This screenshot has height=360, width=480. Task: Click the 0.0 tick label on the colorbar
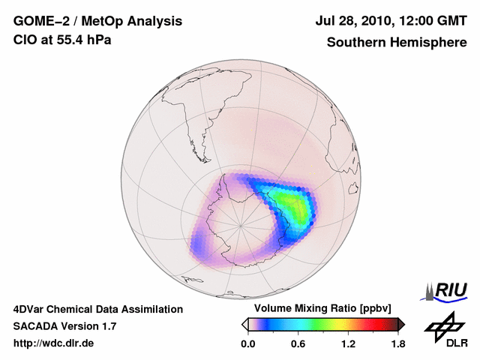click(x=247, y=343)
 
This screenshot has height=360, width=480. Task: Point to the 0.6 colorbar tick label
click(x=298, y=343)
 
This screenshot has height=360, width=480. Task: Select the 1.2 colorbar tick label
click(x=348, y=343)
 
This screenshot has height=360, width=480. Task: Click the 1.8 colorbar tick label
click(x=397, y=343)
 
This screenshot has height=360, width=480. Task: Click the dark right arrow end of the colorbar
click(x=401, y=324)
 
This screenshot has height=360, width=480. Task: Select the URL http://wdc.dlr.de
click(x=54, y=343)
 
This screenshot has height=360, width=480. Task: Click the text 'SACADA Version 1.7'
click(x=64, y=326)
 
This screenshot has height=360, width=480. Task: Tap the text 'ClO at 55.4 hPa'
click(x=62, y=40)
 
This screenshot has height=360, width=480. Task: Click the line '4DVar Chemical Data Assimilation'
click(x=98, y=309)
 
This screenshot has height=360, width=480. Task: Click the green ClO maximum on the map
click(x=295, y=205)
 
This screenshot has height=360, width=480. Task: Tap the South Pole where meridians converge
click(x=241, y=224)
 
